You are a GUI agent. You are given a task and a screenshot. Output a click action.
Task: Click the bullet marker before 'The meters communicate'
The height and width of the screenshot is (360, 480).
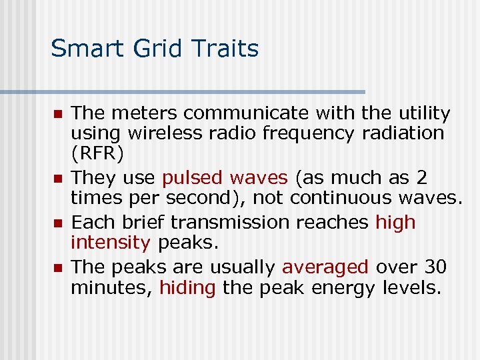point(57,114)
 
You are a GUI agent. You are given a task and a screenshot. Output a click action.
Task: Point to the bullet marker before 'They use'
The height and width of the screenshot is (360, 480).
point(57,179)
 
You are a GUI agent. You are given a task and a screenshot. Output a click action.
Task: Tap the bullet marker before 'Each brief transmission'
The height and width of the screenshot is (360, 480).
point(57,223)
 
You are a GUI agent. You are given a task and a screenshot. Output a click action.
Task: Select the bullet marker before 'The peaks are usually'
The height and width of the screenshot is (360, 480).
point(57,268)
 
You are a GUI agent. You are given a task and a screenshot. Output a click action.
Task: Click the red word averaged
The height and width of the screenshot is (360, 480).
point(325,267)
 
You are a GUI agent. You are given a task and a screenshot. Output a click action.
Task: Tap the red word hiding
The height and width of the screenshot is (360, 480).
point(187,288)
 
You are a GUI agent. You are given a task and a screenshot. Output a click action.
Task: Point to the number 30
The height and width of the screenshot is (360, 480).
point(436,267)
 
